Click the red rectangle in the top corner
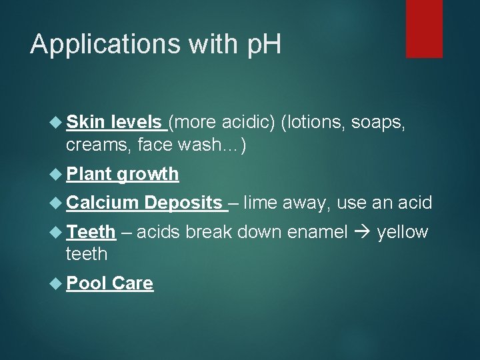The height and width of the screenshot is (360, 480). [424, 28]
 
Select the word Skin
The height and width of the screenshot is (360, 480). [84, 123]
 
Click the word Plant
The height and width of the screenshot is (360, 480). [89, 174]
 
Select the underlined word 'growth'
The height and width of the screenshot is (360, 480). [148, 175]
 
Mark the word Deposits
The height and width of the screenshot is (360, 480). [183, 203]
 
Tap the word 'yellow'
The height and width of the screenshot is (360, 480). [402, 233]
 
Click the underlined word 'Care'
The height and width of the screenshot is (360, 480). [133, 283]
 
